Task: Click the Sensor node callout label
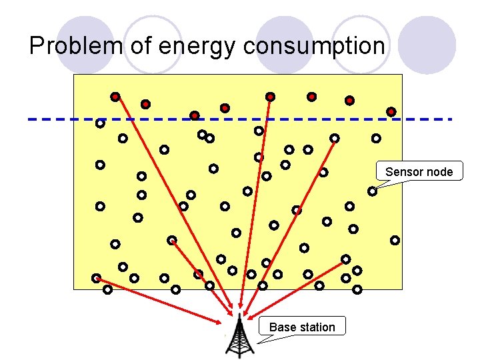point(419,171)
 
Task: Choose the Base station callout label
point(302,327)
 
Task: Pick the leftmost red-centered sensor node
point(115,97)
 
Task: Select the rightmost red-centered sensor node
point(391,111)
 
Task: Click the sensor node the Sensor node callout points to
point(372,191)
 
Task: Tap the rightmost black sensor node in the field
point(395,240)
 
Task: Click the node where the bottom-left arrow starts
point(96,278)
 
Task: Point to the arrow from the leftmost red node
point(173,200)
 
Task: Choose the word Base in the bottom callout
point(281,327)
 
